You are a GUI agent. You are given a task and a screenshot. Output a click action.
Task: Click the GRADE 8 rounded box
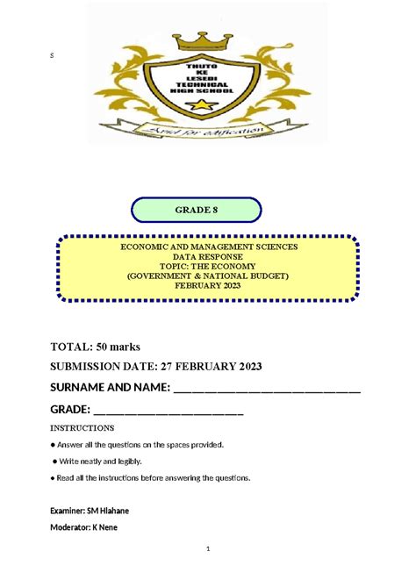[x=197, y=210]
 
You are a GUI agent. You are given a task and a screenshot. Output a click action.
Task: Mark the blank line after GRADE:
[x=167, y=412]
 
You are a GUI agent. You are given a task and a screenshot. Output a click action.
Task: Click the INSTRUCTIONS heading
[x=82, y=428]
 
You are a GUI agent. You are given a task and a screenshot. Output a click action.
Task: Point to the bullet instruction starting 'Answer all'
[x=140, y=445]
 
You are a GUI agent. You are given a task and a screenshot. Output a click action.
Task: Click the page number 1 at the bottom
[x=208, y=550]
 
